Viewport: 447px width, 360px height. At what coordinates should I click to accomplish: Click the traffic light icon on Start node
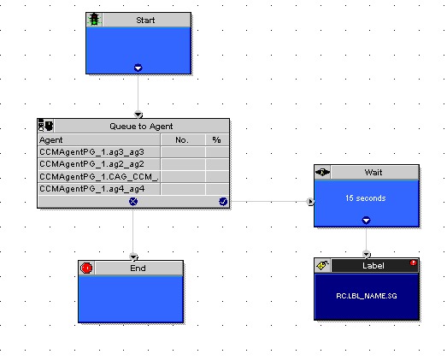(94, 20)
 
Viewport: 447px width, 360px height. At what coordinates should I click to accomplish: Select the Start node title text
(145, 21)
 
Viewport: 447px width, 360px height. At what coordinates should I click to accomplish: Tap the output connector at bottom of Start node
(138, 68)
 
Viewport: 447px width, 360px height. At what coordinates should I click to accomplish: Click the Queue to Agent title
(141, 127)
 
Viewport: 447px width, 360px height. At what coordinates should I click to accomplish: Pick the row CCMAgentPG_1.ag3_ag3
(91, 152)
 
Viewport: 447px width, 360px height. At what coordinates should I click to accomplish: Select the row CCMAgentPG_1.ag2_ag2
(91, 164)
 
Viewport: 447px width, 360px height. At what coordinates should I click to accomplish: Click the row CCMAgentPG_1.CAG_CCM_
(98, 177)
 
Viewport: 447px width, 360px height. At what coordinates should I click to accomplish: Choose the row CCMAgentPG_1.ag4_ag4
(92, 189)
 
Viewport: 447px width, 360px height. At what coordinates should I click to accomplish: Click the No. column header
(182, 140)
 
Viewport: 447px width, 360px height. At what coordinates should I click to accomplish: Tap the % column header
(216, 139)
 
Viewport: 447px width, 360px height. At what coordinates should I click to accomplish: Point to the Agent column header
(51, 140)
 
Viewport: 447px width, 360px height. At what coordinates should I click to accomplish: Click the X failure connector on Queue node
(133, 202)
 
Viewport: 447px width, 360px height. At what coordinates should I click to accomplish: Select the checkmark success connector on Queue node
(223, 202)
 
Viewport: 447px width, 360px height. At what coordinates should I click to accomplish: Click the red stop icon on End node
(86, 269)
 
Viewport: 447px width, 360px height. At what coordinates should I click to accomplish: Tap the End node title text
(138, 269)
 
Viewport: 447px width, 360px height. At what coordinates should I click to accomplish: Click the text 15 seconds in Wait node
(366, 198)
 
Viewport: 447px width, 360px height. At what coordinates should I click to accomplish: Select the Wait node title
(373, 172)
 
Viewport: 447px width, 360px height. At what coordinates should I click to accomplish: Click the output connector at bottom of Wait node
(366, 221)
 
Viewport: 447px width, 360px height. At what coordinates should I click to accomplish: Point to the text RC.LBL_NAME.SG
(367, 296)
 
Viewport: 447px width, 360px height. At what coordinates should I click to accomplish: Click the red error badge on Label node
(413, 263)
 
